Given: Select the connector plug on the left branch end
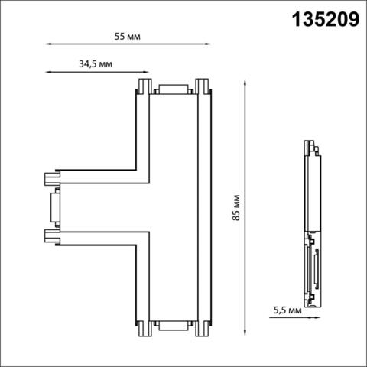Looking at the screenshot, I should click(54, 206).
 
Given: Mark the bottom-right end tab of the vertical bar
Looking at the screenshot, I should click(203, 330).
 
